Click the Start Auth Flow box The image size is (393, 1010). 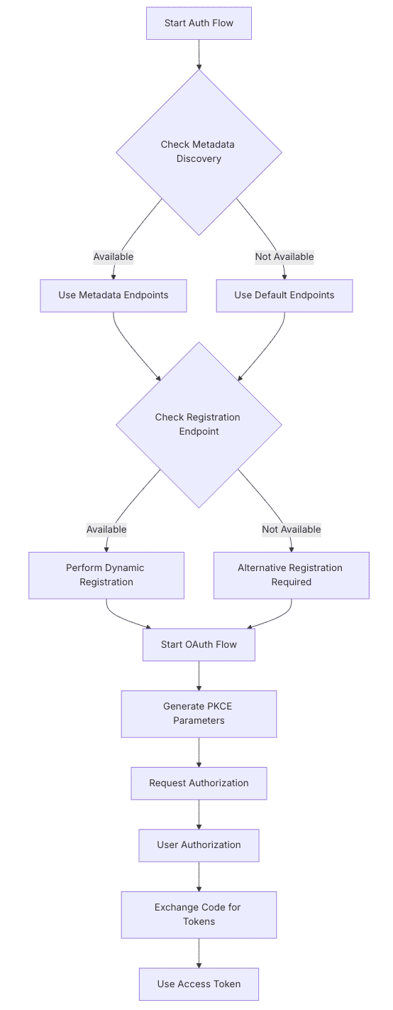point(199,23)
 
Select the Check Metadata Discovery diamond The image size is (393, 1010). point(199,152)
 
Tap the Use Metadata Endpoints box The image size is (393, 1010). point(114,295)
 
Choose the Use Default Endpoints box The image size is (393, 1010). point(284,295)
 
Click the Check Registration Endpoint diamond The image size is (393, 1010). point(199,425)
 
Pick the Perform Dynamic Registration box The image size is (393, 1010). point(106,575)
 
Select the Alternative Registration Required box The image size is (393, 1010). point(291,575)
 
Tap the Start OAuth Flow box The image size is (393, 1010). point(199,645)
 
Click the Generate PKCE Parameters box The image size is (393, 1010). point(199,714)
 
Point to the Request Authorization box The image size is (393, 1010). point(199,783)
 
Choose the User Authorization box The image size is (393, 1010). point(199,845)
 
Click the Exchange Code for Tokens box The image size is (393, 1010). point(199,915)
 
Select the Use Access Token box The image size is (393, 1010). point(199,984)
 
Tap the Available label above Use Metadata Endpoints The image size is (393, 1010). point(114,257)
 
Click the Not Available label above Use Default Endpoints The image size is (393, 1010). point(284,257)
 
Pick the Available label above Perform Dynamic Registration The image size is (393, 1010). point(106,530)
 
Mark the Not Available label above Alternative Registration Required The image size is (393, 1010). point(291,530)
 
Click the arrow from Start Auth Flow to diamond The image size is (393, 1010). point(199,54)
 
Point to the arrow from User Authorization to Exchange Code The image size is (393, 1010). point(199,876)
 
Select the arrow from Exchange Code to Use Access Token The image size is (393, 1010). point(199,952)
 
